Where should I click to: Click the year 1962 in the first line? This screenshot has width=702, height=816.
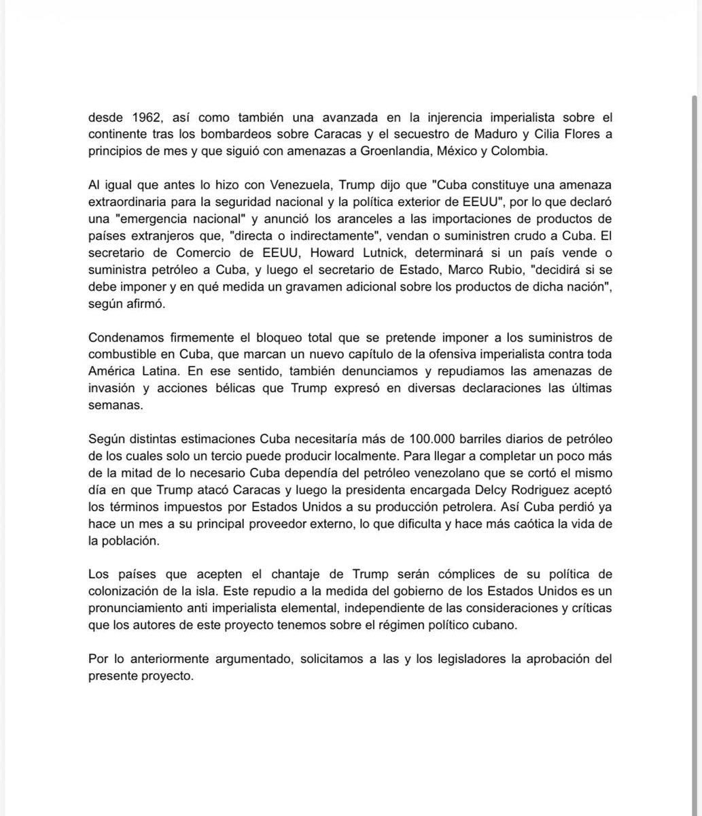point(140,116)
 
